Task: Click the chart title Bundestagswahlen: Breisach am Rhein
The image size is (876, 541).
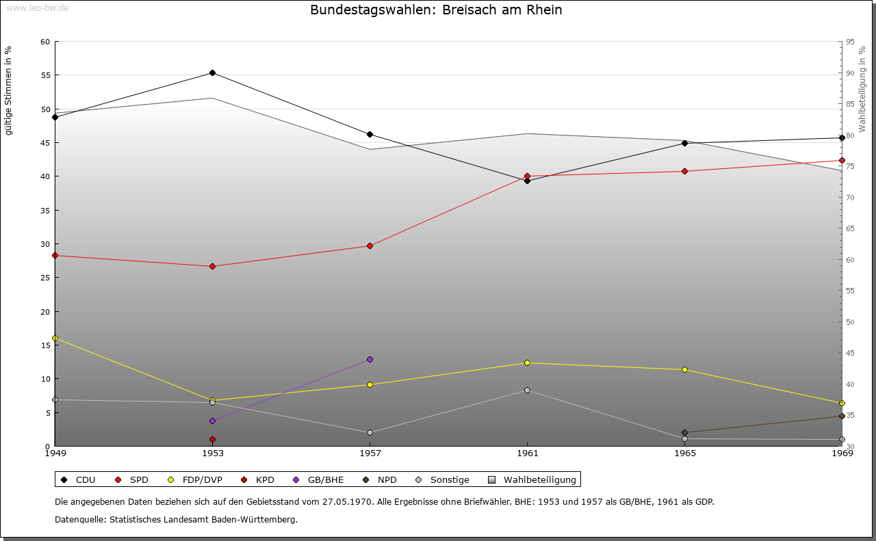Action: (436, 10)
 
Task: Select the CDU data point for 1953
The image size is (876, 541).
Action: (212, 72)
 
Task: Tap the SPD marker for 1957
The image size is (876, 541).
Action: (370, 246)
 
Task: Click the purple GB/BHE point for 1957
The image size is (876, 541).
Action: (370, 359)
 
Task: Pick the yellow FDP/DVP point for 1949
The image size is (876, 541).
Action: (55, 338)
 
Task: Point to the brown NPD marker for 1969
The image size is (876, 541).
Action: (842, 416)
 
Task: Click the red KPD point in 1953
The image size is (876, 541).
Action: (212, 439)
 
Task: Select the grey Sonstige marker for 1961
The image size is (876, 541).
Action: (527, 390)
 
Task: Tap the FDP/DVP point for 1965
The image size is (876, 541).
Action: (684, 369)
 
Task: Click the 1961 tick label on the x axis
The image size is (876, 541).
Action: (527, 453)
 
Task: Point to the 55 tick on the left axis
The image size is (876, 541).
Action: (45, 75)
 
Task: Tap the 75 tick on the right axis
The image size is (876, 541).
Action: (850, 166)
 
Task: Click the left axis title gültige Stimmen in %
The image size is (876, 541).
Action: (9, 91)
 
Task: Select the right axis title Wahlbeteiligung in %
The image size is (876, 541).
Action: (862, 90)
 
